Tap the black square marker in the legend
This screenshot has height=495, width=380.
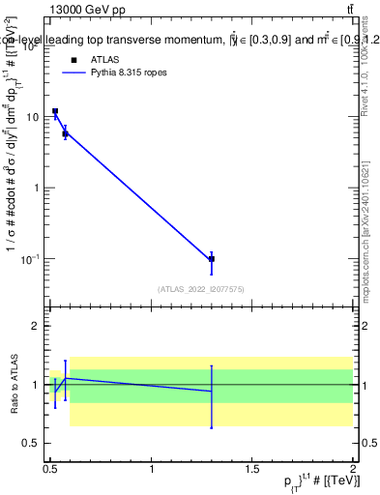pyautogui.click(x=73, y=60)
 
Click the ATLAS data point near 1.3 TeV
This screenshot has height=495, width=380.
pyautogui.click(x=212, y=259)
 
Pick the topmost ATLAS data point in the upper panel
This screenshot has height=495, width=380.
pyautogui.click(x=55, y=111)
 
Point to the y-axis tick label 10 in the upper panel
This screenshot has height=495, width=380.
pyautogui.click(x=31, y=117)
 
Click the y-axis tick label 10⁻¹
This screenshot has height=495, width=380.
pyautogui.click(x=29, y=259)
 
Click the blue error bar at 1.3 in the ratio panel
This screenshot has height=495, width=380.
pyautogui.click(x=212, y=396)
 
